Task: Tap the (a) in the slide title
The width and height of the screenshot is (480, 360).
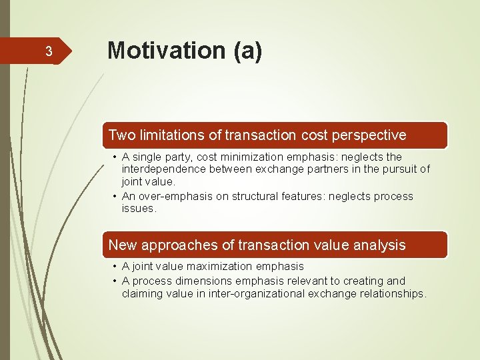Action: point(247,51)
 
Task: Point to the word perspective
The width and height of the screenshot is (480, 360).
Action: point(371,135)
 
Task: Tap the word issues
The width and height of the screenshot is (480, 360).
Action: point(138,209)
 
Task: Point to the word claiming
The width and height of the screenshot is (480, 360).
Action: point(142,294)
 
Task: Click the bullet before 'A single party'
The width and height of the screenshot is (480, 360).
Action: point(115,157)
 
